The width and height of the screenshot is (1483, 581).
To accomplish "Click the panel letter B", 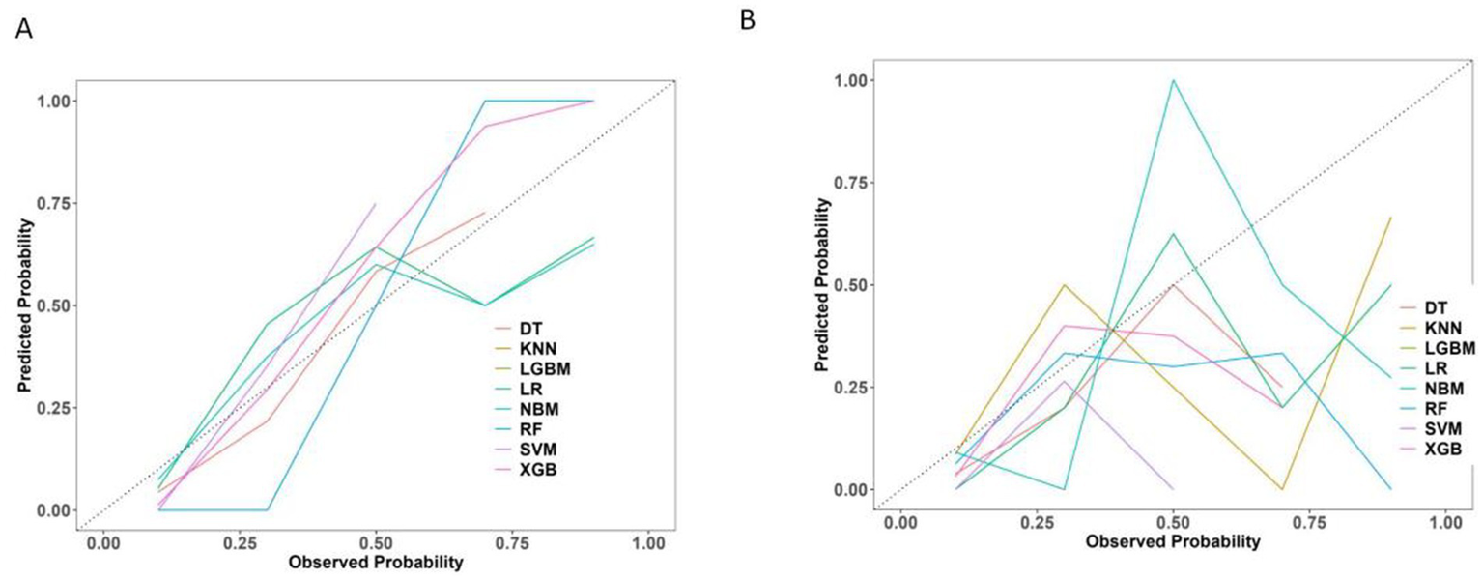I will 748,19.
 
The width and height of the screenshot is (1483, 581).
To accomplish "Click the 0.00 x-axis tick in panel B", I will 899,523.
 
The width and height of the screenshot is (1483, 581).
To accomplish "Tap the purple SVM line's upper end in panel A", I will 375,204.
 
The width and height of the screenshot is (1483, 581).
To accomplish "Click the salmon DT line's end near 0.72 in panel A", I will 484,213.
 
